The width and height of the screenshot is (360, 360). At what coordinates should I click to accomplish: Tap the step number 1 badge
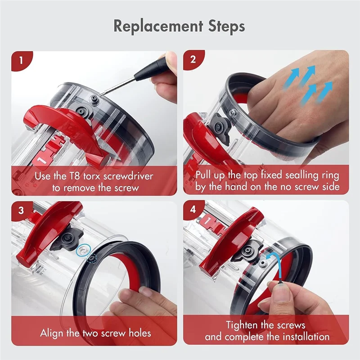pos(22,59)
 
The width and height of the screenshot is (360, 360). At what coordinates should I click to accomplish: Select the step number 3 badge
pos(22,210)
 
